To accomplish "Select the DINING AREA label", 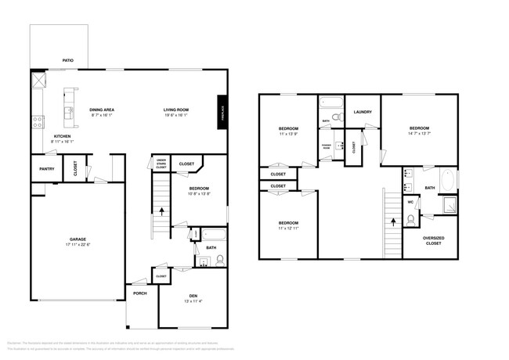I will coord(102,110).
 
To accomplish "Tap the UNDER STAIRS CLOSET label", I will coord(161,164).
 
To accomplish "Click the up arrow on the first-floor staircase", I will coord(162,211).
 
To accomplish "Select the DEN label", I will coord(192,295).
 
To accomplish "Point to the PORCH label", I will coord(140,293).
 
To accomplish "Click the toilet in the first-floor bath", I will coord(219,260).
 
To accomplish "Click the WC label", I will coord(410,202).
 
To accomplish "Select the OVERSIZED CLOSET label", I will coord(431,240).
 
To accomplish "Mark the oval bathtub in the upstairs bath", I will coord(448,181).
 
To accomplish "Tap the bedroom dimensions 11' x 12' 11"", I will coord(288,229).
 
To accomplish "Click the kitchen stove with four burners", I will coord(36,121).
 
